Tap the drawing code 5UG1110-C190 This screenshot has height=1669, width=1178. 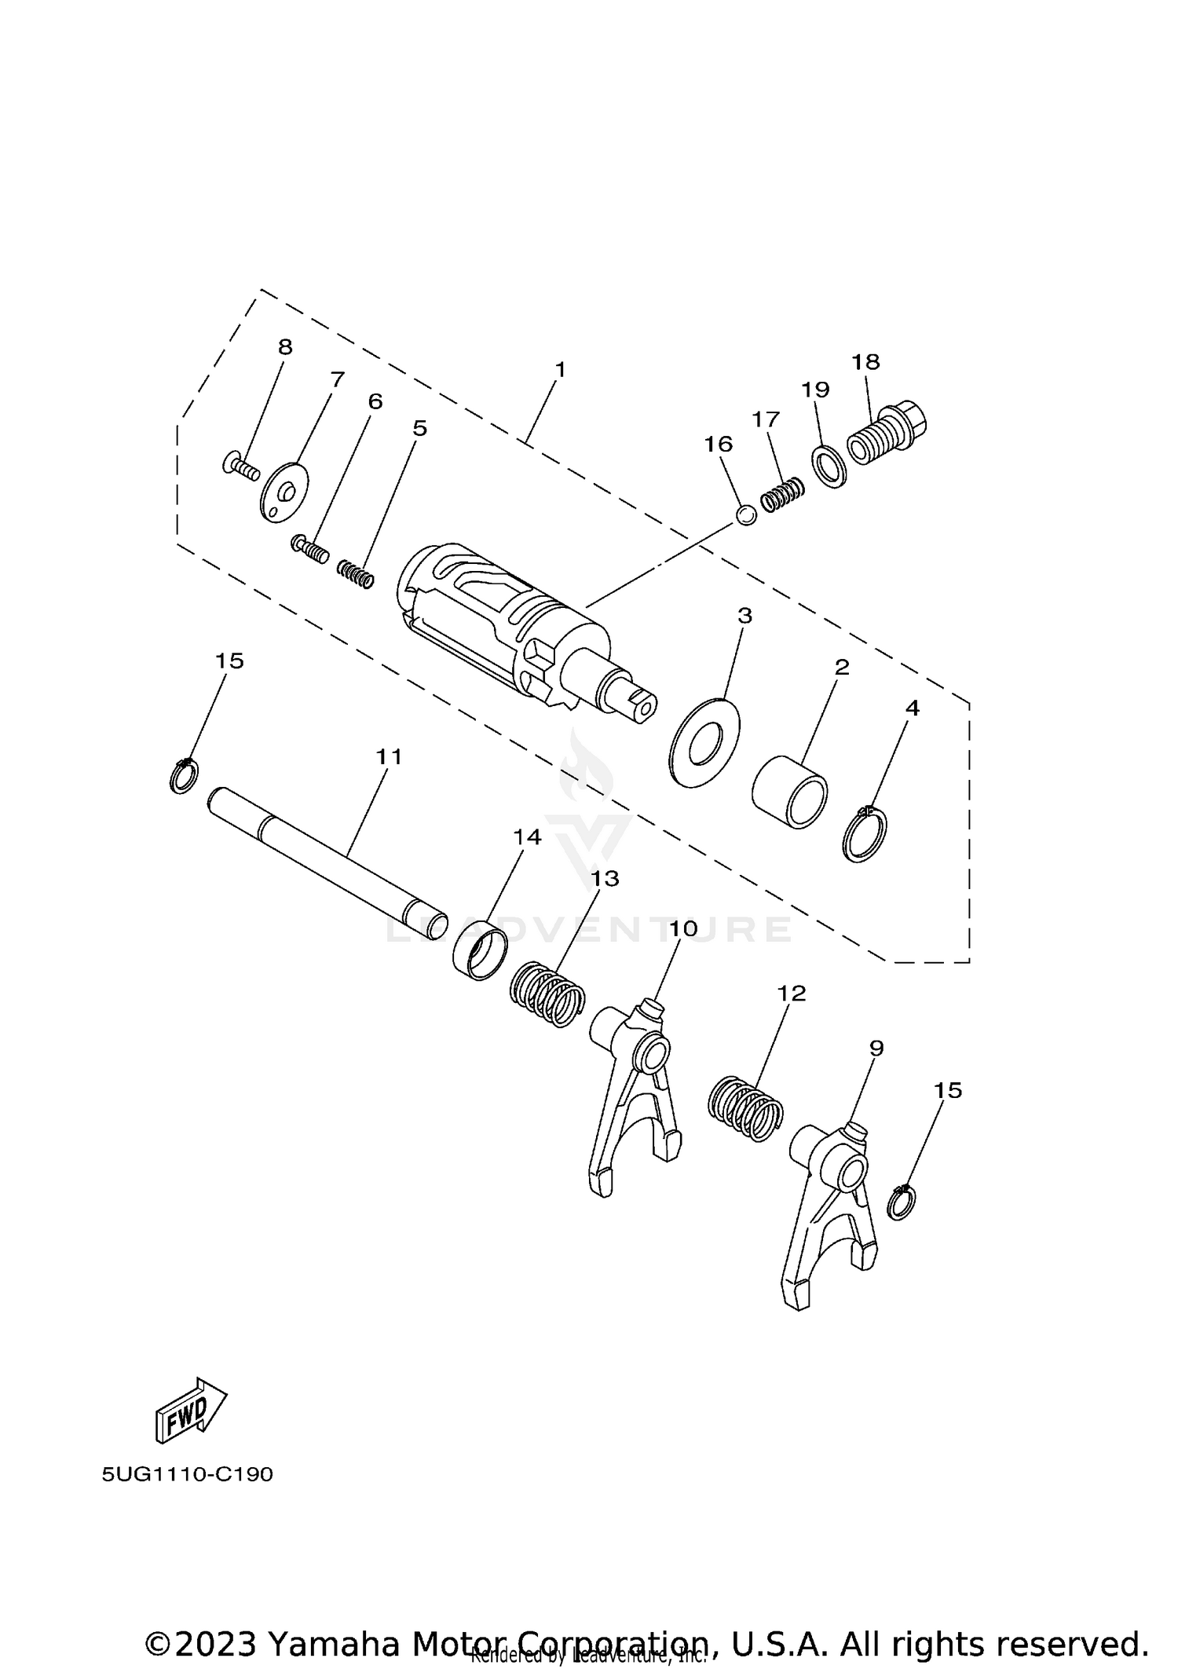187,1474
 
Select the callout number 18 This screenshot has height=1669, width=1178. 865,362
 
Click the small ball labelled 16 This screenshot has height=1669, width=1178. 747,515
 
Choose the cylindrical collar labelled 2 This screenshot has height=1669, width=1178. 790,791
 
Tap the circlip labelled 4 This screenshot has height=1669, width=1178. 865,835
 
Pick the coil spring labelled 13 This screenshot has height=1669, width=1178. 548,994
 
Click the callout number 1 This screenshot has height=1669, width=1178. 560,369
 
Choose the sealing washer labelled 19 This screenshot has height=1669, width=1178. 829,467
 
